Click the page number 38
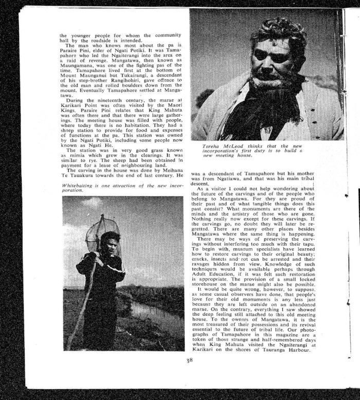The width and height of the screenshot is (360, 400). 189,360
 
